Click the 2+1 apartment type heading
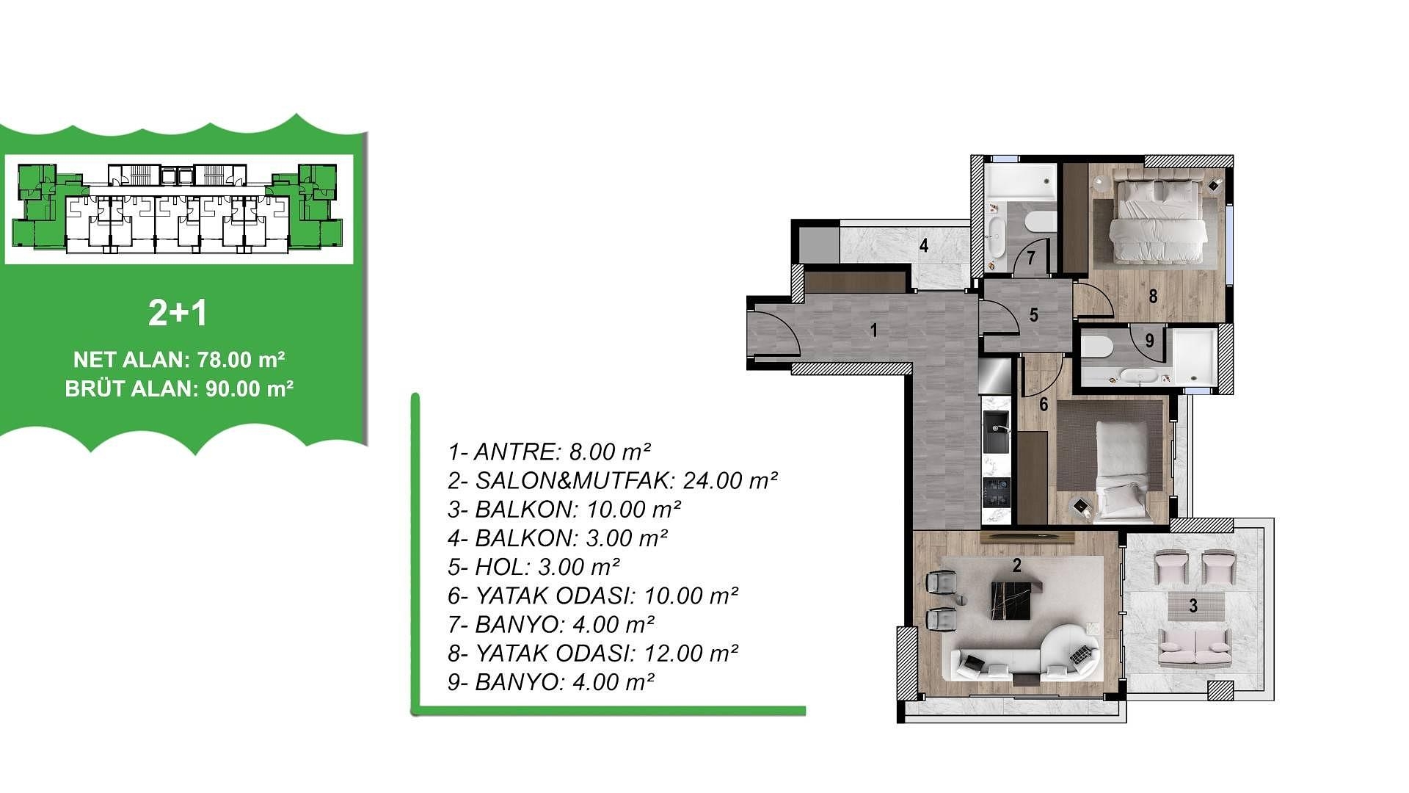pyautogui.click(x=178, y=314)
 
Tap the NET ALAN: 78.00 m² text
pyautogui.click(x=179, y=360)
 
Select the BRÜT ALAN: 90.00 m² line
pyautogui.click(x=179, y=388)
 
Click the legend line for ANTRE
pyautogui.click(x=550, y=452)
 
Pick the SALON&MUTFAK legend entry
pyautogui.click(x=613, y=480)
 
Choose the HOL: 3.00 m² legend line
pyautogui.click(x=534, y=567)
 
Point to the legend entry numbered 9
pyautogui.click(x=550, y=682)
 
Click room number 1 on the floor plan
pyautogui.click(x=873, y=330)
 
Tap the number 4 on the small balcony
pyautogui.click(x=924, y=245)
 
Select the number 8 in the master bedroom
pyautogui.click(x=1153, y=296)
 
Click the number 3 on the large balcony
pyautogui.click(x=1193, y=606)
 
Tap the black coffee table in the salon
pyautogui.click(x=1016, y=599)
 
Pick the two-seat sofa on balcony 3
pyautogui.click(x=1193, y=647)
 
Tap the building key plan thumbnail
pyautogui.click(x=179, y=209)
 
